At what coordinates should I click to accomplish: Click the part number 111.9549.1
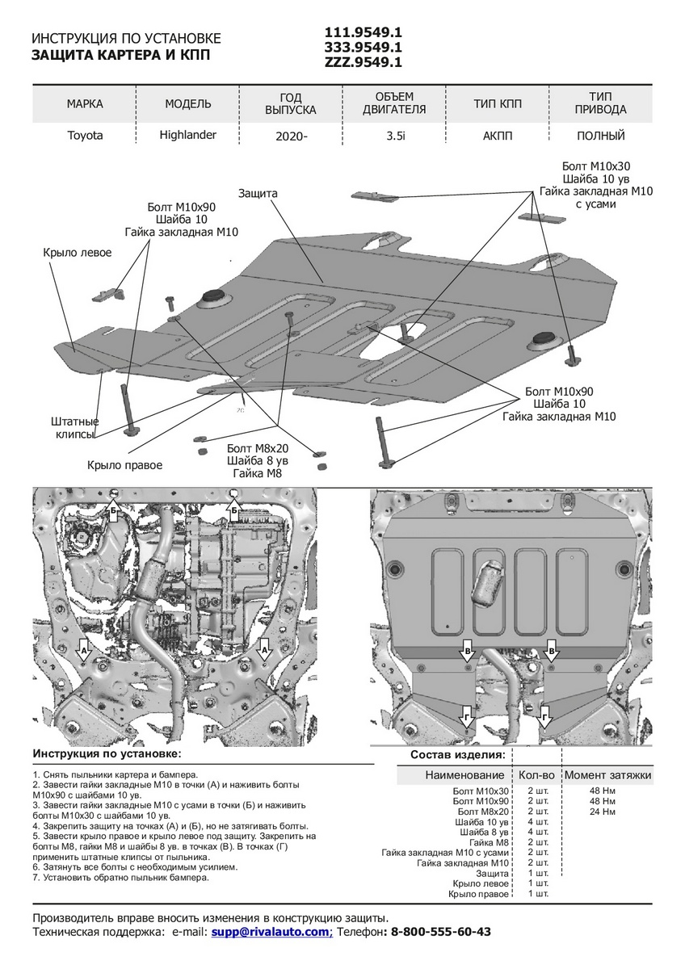click(363, 32)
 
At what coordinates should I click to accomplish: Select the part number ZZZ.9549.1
click(363, 61)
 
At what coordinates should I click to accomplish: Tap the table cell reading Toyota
click(85, 136)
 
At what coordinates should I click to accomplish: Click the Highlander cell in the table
click(188, 135)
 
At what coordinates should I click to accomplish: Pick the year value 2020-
click(292, 136)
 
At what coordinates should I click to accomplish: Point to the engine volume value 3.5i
click(396, 136)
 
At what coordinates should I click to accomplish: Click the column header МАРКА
click(85, 104)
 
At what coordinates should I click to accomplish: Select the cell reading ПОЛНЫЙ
click(601, 136)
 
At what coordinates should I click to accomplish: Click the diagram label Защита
click(258, 194)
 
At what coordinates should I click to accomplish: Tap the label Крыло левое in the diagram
click(78, 253)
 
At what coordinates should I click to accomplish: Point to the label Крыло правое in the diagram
click(125, 465)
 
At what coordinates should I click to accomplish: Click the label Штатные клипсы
click(75, 428)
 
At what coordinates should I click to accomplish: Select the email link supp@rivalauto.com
click(271, 931)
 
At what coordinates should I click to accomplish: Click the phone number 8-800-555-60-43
click(440, 931)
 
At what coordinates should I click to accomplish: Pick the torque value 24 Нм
click(602, 812)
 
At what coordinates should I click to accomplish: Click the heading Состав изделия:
click(457, 755)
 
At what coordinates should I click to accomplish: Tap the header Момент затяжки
click(607, 775)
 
